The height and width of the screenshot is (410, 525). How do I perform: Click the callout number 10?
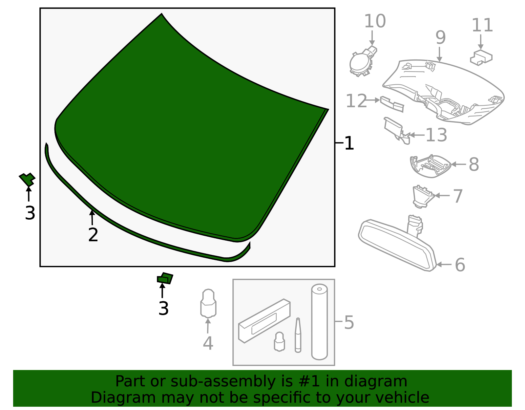375,21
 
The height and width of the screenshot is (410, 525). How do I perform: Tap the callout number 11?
482,25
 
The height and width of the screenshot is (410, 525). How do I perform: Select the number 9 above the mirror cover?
440,38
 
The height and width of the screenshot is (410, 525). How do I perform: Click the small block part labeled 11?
481,58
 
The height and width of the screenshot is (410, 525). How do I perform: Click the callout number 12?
356,101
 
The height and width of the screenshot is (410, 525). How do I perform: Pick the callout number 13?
436,135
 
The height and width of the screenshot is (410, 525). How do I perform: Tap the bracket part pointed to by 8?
430,166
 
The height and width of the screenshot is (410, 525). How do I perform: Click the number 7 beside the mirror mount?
458,196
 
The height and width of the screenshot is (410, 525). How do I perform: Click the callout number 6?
460,265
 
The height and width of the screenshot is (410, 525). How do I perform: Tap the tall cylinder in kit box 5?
319,322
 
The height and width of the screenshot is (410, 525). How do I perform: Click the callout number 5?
349,322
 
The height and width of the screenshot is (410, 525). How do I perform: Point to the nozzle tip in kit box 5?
298,335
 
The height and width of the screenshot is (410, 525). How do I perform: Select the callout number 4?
208,343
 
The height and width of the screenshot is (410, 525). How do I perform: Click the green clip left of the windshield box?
27,179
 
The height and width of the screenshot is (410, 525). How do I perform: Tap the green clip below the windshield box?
165,279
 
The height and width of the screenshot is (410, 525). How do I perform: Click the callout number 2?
93,235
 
